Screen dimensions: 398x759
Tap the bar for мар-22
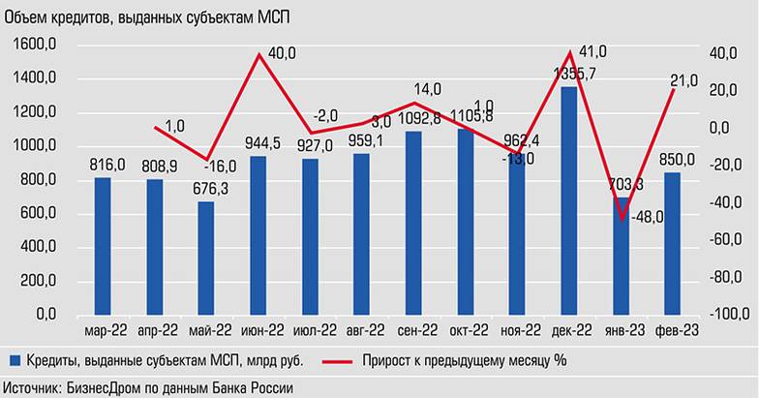(102, 246)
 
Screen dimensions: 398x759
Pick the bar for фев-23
(672, 243)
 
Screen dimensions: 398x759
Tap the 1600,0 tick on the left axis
(39, 45)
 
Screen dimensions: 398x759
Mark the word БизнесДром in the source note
(104, 387)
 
